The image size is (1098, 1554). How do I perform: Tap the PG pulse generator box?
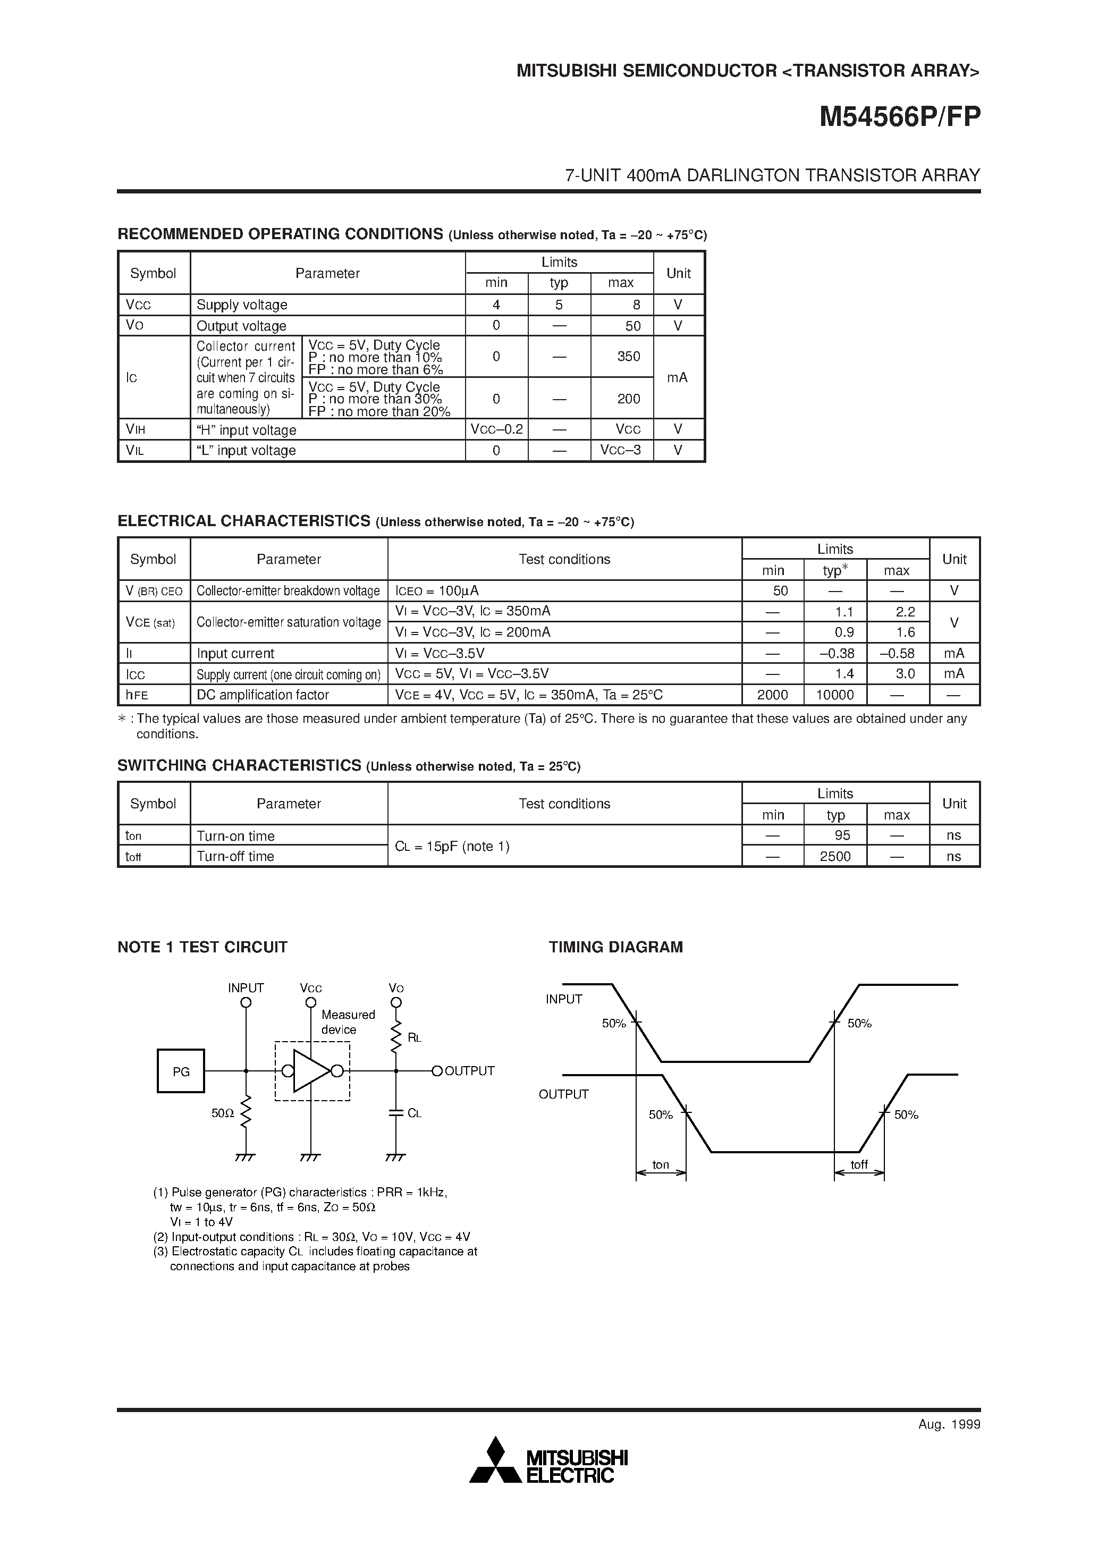tap(181, 1071)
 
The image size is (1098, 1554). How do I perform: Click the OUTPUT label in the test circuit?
tap(469, 1071)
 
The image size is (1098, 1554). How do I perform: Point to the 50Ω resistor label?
tap(222, 1113)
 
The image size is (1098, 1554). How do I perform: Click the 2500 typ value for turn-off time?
tap(835, 856)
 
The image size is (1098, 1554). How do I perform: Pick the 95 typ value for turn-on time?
tap(842, 835)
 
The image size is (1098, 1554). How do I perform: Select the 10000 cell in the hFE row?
tap(835, 695)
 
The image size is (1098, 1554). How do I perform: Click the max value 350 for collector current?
tap(628, 357)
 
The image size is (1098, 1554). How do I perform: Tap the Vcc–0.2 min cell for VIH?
tap(496, 429)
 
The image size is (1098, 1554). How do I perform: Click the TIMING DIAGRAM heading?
tap(615, 947)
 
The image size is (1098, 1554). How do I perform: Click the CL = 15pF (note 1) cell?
tap(452, 846)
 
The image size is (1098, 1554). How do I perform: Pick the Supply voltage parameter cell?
tap(242, 305)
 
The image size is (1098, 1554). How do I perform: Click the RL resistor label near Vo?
tap(415, 1037)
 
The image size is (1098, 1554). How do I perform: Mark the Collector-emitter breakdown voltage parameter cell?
tap(289, 591)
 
